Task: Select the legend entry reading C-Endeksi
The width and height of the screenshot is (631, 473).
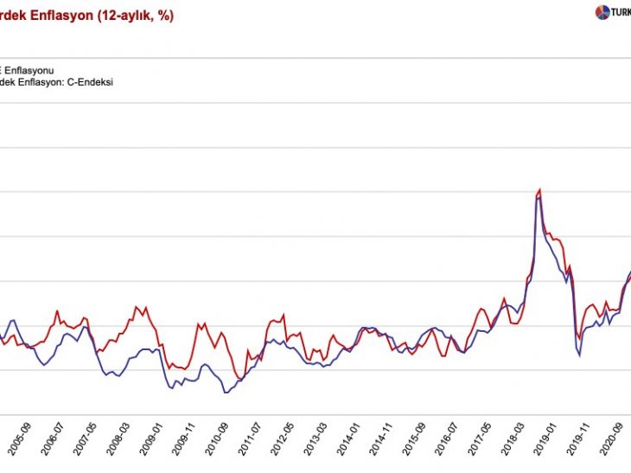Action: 58,81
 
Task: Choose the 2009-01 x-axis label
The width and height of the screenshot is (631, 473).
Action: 157,444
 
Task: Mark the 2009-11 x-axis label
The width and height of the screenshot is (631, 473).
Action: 190,444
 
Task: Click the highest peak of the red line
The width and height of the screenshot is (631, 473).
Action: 539,189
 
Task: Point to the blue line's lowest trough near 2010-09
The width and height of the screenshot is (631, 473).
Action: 226,393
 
